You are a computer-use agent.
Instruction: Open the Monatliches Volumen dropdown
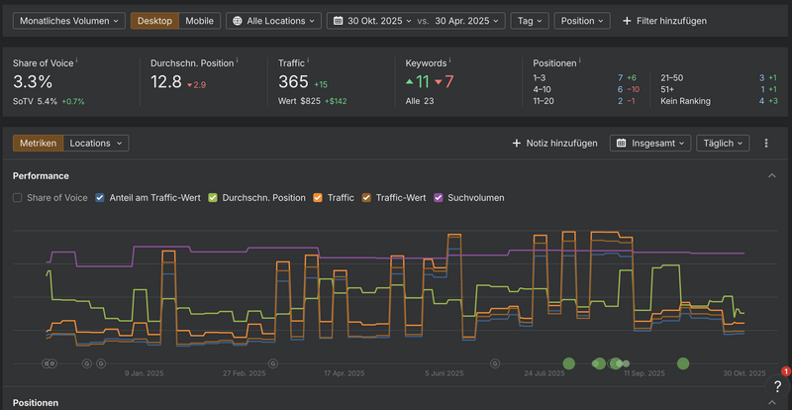point(68,20)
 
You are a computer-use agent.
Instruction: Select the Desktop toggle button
point(154,20)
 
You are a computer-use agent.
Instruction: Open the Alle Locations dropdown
point(273,20)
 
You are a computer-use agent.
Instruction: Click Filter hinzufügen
point(664,20)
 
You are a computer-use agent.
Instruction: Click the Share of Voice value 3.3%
point(33,81)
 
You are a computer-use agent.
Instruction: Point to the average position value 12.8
point(166,81)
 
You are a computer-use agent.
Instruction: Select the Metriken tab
point(39,143)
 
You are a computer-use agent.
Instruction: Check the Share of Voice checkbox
point(18,197)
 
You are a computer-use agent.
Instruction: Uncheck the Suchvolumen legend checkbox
point(440,197)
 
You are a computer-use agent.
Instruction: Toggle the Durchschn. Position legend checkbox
point(213,197)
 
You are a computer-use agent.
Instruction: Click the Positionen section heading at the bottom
point(35,403)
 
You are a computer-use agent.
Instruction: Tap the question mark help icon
point(777,387)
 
